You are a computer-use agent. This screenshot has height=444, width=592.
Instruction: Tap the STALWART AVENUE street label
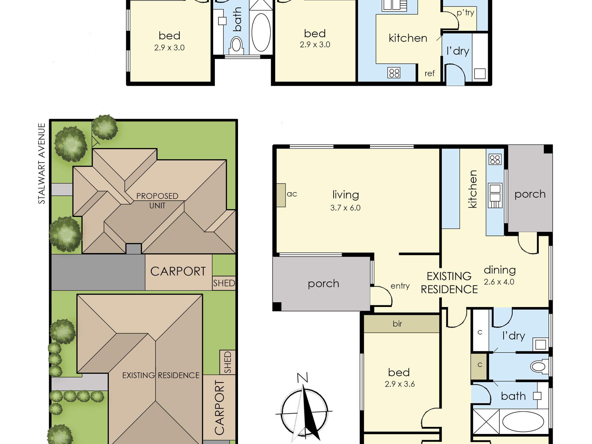click(42, 163)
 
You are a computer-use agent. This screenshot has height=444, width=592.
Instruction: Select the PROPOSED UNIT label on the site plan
click(157, 201)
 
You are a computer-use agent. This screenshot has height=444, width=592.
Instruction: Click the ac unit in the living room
click(281, 195)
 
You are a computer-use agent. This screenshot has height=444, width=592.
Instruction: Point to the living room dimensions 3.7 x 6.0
click(345, 208)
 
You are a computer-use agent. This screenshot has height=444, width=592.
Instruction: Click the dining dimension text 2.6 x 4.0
click(499, 282)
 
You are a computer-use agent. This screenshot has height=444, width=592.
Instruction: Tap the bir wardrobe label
click(397, 324)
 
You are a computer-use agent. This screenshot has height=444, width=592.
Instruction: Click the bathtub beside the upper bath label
click(261, 32)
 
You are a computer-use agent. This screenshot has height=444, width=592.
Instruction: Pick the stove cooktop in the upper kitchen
click(394, 73)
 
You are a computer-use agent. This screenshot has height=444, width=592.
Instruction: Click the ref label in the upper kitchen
click(429, 73)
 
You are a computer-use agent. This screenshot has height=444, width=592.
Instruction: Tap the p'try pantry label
click(465, 13)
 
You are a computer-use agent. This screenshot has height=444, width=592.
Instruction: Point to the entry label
click(400, 286)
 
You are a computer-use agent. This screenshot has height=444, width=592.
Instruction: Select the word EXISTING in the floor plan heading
click(449, 276)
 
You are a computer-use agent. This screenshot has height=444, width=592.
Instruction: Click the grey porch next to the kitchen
click(530, 188)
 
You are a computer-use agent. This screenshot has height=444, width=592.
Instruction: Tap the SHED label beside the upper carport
click(224, 283)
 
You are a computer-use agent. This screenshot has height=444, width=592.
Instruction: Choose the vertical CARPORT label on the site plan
click(219, 408)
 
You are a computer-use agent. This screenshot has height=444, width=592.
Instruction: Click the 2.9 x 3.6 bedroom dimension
click(400, 384)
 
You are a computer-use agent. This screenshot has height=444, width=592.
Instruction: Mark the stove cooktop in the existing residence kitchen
click(495, 160)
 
